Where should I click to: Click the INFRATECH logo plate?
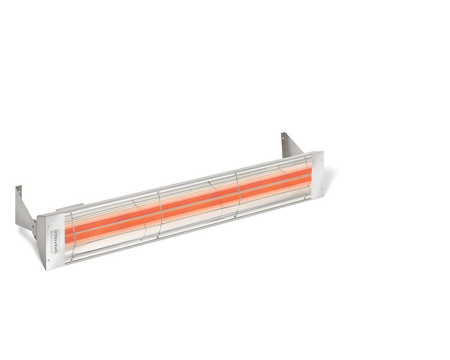coord(55,241)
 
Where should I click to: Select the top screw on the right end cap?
coord(314,157)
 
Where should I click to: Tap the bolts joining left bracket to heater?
coord(34,226)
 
